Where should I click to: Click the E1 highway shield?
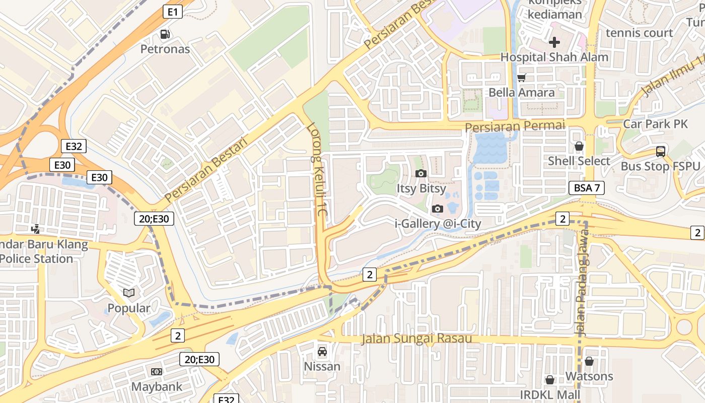pos(172,12)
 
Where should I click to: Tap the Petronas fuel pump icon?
pos(165,34)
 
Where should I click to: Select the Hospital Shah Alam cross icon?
pos(554,42)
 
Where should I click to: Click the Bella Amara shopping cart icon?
pos(522,78)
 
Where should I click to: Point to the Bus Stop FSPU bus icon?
pos(660,151)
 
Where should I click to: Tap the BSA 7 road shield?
pos(587,188)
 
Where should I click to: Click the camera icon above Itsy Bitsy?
pos(421,173)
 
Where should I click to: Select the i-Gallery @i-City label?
pos(438,223)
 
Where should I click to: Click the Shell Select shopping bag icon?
pos(579,146)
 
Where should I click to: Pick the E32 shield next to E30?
pos(74,147)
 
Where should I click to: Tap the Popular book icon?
pos(129,293)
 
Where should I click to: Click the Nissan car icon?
pos(322,352)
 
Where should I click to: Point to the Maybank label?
pos(157,387)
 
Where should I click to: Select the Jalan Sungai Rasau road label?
pos(416,339)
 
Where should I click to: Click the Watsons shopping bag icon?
pos(589,361)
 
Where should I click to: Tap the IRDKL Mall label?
pos(550,394)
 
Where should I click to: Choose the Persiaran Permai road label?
pos(515,126)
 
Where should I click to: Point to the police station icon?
pos(36,229)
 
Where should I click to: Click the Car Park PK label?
pos(655,124)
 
